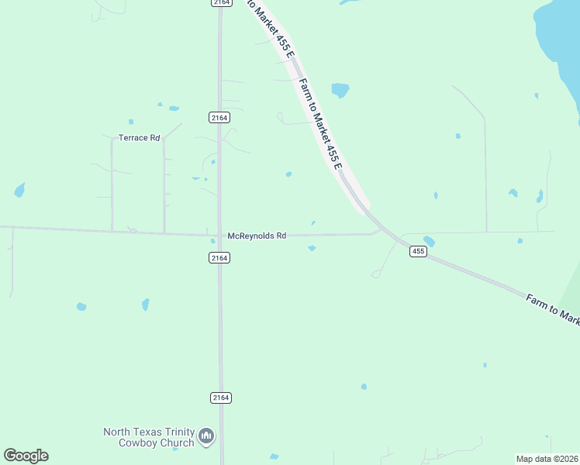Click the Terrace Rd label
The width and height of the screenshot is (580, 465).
[x=139, y=138]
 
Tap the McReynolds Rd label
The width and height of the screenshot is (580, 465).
[x=257, y=236]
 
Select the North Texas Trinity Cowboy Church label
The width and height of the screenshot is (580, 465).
[x=150, y=437]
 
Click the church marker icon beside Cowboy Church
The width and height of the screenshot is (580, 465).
[x=206, y=437]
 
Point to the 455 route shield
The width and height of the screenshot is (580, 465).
[x=418, y=251]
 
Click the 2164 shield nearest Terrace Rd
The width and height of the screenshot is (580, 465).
[x=219, y=117]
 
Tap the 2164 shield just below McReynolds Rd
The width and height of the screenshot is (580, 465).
[x=219, y=257]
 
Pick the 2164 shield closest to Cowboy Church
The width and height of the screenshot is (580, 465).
[x=220, y=398]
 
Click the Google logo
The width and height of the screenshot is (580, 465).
[x=26, y=456]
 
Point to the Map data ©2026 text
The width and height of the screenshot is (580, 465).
[x=547, y=459]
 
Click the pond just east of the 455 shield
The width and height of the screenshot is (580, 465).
[x=429, y=242]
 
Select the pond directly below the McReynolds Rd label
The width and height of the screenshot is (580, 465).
[x=312, y=249]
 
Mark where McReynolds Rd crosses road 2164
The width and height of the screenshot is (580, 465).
[x=220, y=235]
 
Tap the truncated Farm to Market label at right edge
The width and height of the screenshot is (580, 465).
[x=552, y=309]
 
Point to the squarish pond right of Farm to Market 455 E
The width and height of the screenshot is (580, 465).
[x=340, y=90]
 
